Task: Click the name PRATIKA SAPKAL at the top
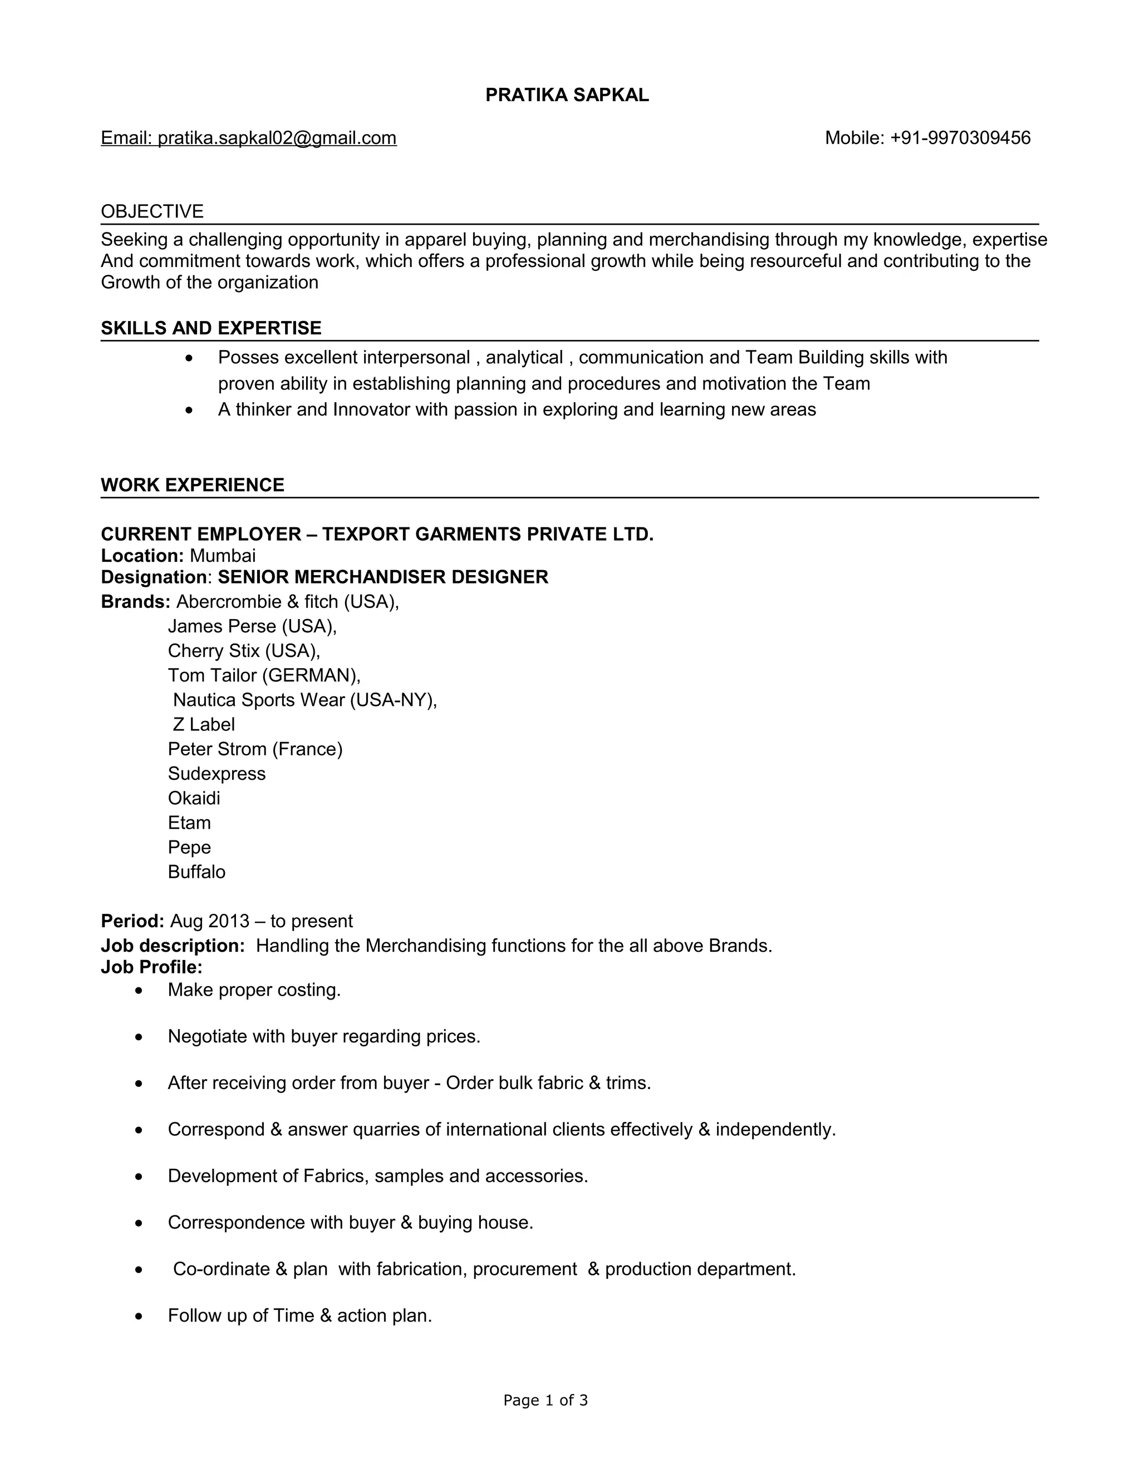(x=567, y=95)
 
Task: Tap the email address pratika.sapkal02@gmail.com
(x=277, y=139)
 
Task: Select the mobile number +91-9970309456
(x=960, y=139)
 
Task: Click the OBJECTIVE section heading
(x=152, y=212)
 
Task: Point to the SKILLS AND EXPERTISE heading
(x=211, y=329)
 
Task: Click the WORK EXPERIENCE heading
(x=193, y=485)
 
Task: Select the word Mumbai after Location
(x=222, y=556)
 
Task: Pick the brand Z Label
(x=203, y=725)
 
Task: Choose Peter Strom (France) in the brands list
(x=254, y=750)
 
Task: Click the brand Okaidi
(x=194, y=798)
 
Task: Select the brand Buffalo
(x=196, y=873)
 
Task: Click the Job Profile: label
(x=151, y=968)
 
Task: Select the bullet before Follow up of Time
(x=139, y=1317)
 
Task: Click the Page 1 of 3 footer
(x=545, y=1401)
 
